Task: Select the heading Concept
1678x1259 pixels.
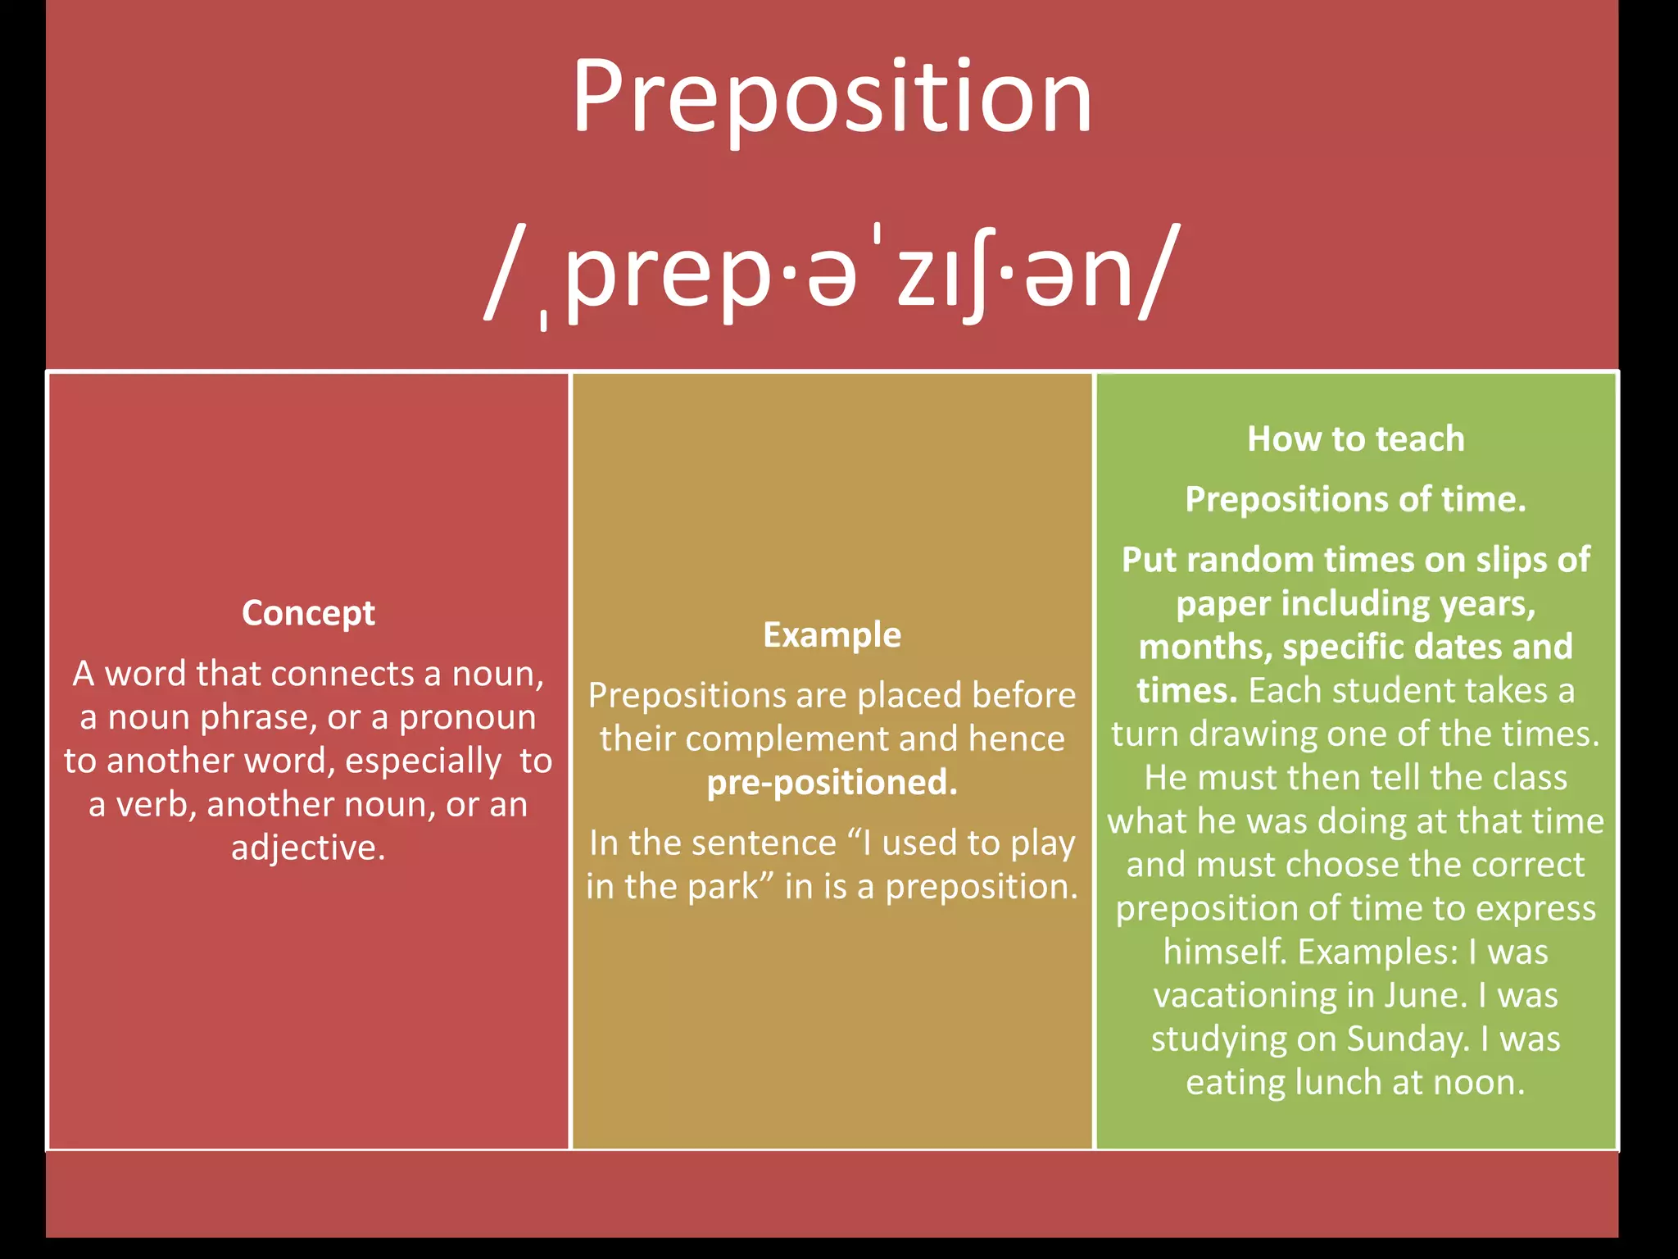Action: [x=308, y=613]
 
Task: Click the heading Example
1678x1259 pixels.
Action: [x=832, y=635]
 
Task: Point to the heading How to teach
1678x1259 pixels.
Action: [x=1355, y=439]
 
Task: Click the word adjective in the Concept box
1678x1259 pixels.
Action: [x=308, y=848]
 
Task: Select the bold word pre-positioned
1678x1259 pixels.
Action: [x=832, y=783]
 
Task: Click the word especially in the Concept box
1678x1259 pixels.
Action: [x=423, y=761]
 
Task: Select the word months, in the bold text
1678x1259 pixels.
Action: [x=1204, y=648]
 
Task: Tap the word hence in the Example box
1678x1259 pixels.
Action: [x=1016, y=739]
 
